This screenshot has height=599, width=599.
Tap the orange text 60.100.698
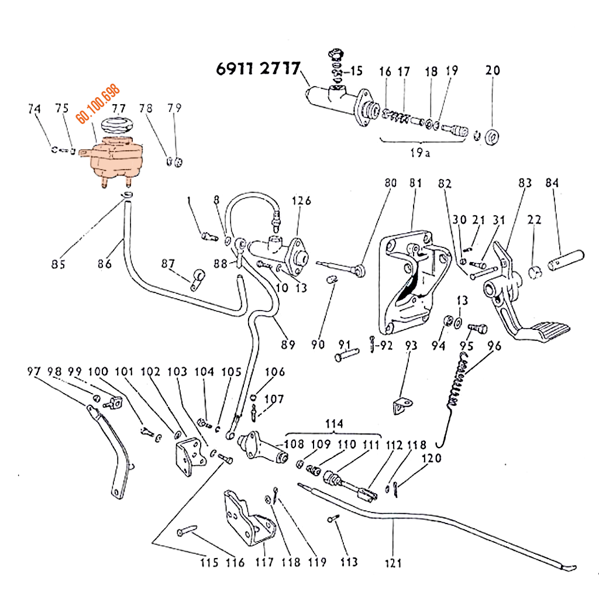point(98,103)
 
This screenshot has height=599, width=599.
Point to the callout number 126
point(302,201)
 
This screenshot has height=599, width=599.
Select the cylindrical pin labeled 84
point(566,260)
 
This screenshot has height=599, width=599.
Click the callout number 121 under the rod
point(394,563)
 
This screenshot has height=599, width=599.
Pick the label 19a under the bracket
point(419,154)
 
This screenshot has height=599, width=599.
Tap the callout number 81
point(415,184)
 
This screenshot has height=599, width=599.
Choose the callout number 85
point(58,264)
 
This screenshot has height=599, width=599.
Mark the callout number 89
point(287,345)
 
